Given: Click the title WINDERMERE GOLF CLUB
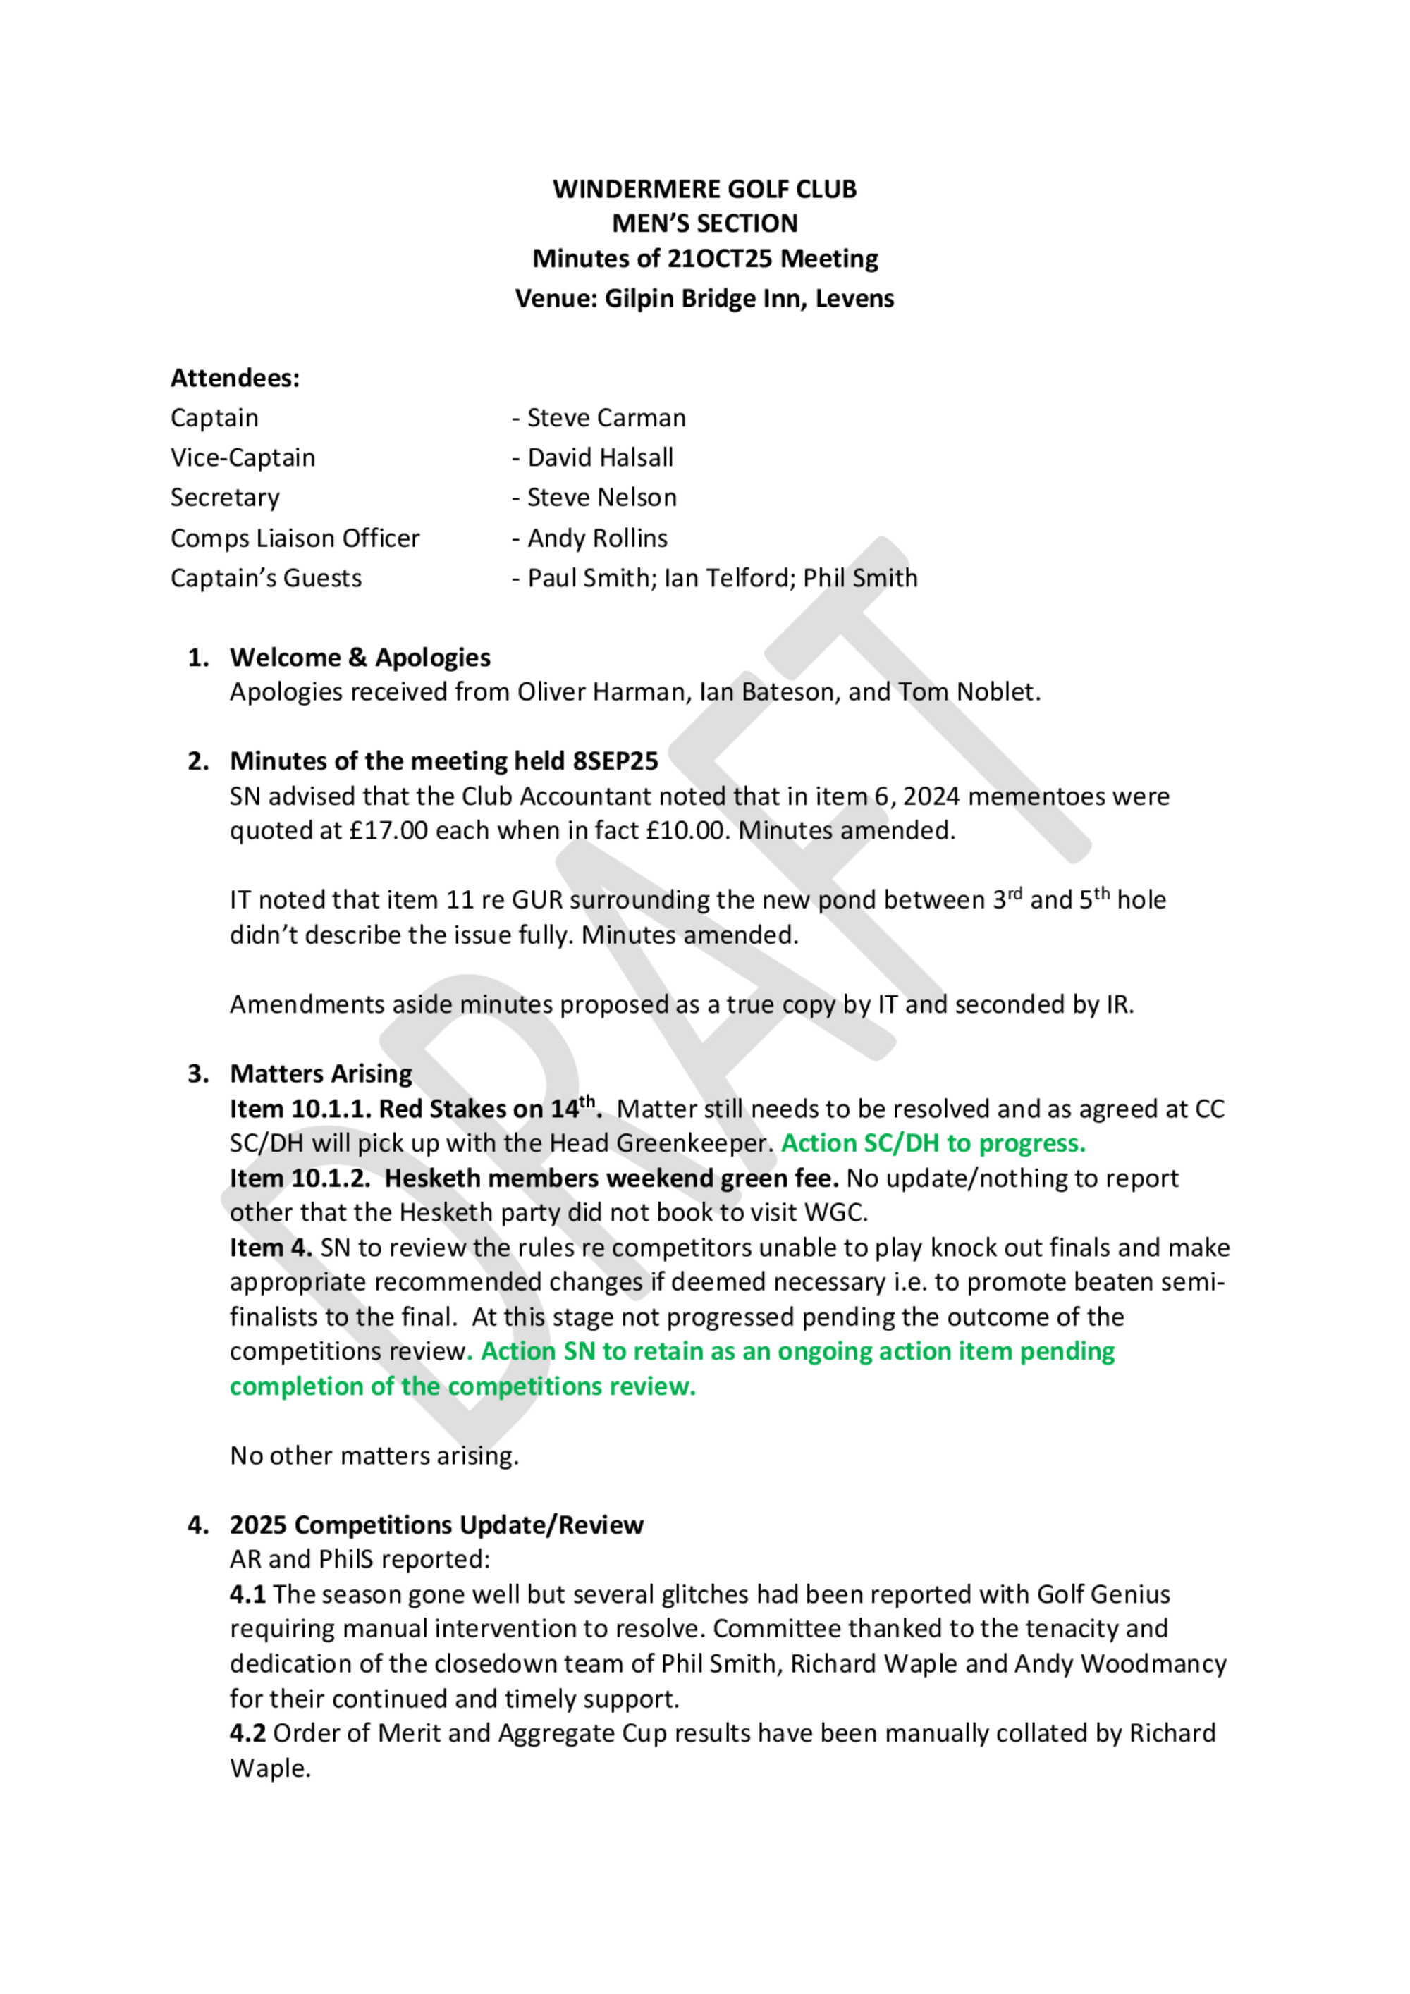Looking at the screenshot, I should click(x=704, y=190).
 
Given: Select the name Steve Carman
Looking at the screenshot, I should click(x=606, y=418).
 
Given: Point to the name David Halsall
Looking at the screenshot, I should click(x=601, y=457).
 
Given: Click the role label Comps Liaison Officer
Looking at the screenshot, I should click(x=295, y=538).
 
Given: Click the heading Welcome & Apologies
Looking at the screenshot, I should click(x=360, y=658).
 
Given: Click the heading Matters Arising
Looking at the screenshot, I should click(x=321, y=1074).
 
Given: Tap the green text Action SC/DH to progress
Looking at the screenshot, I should click(x=933, y=1144).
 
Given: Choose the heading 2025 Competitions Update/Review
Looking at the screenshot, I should click(x=436, y=1526).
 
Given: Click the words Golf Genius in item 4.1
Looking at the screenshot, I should click(x=1103, y=1595).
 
